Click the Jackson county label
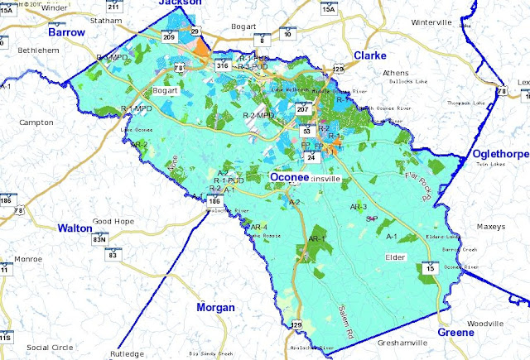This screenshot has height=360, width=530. pyautogui.click(x=181, y=3)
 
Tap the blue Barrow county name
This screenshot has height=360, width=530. pyautogui.click(x=66, y=32)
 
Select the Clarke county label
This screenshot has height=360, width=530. pyautogui.click(x=370, y=55)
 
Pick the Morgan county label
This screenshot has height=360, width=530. pyautogui.click(x=215, y=308)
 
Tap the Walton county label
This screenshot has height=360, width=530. pyautogui.click(x=75, y=228)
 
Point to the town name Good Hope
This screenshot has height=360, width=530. pyautogui.click(x=113, y=222)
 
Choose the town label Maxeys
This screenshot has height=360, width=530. pyautogui.click(x=490, y=226)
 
